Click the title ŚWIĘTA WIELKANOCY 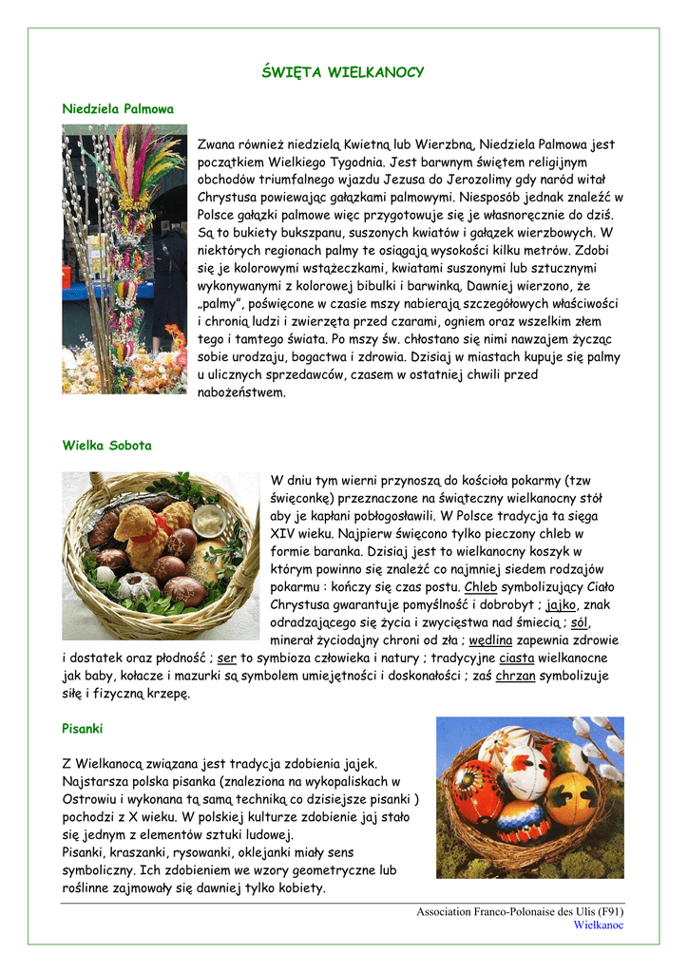point(342,73)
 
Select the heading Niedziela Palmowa point(118,109)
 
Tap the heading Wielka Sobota point(106,445)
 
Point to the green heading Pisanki point(82,729)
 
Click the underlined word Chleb point(481,587)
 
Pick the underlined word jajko point(561,605)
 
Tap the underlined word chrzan point(515,676)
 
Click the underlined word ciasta point(516,658)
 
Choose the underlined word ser point(226,658)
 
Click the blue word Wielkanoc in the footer point(599,925)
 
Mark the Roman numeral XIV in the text point(285,534)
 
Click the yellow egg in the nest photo point(570,797)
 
